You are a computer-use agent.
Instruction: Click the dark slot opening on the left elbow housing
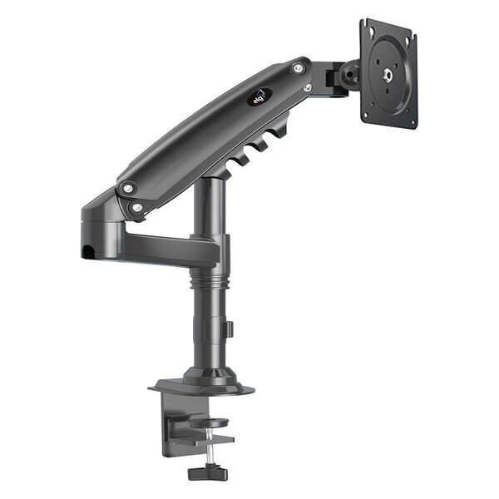tap(88, 249)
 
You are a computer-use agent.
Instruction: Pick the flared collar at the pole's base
tap(203, 370)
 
